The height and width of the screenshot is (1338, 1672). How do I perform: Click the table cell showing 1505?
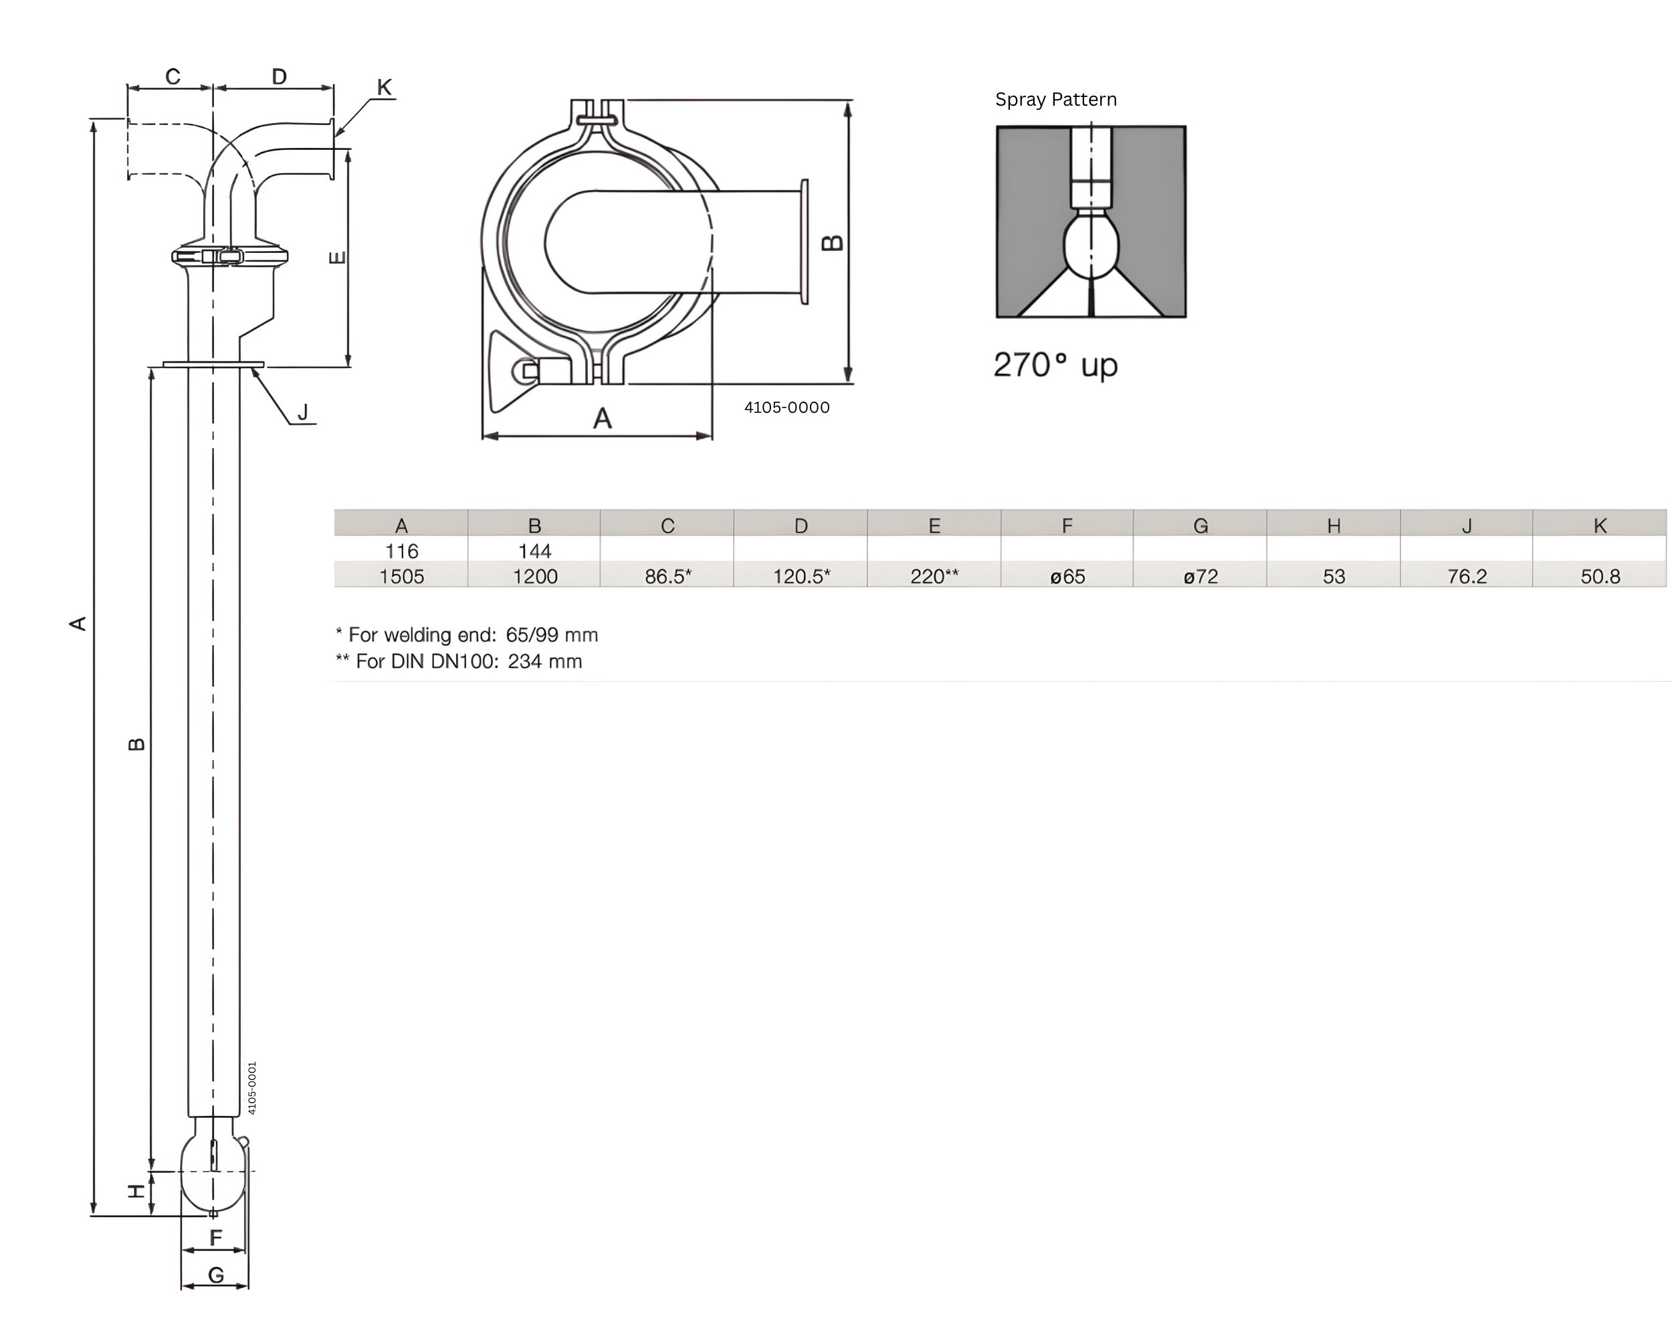[401, 576]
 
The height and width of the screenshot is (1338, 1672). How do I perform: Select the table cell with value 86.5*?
[667, 576]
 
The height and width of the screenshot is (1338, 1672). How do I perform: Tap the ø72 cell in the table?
[1200, 576]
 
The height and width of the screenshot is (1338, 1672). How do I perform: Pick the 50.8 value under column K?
[1600, 576]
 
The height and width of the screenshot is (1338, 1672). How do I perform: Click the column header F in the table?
[1067, 525]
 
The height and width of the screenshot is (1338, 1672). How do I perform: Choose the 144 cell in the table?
[534, 551]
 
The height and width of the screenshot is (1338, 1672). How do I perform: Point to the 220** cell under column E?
[934, 576]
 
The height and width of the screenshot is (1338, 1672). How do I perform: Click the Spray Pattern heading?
[1055, 99]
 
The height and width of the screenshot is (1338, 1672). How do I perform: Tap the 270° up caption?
[1055, 365]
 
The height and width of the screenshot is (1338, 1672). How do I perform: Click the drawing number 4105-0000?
[787, 407]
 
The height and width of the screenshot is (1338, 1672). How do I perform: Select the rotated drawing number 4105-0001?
[252, 1088]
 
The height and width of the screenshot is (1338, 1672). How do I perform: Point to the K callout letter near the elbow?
[384, 88]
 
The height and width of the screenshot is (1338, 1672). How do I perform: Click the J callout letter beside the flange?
[303, 412]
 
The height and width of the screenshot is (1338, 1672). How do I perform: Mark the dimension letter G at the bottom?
[215, 1275]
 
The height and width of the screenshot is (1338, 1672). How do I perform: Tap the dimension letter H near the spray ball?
[136, 1191]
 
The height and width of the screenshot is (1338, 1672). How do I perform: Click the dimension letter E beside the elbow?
[337, 257]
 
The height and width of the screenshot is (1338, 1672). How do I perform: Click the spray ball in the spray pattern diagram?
[1091, 247]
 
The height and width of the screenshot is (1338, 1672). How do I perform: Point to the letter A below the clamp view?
[603, 419]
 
